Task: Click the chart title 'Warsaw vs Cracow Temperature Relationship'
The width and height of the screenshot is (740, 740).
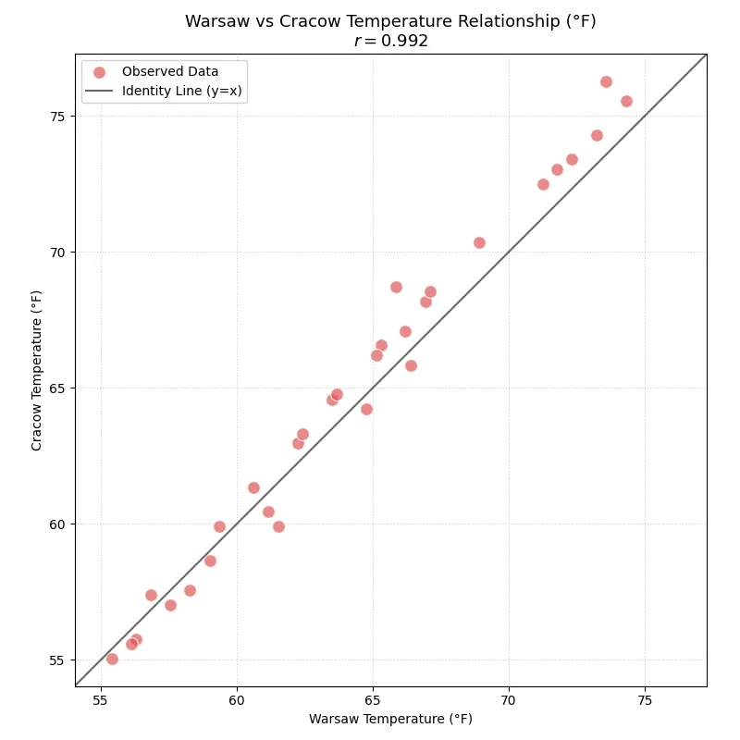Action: coord(390,21)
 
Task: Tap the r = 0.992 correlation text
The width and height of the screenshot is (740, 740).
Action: coord(390,42)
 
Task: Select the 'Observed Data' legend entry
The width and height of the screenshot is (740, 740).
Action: coord(170,72)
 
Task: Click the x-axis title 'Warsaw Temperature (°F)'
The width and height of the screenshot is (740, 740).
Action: coord(390,719)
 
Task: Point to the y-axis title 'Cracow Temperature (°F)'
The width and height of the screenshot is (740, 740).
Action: coord(37,370)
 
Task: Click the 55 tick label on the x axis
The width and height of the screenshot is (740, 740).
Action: coord(101,700)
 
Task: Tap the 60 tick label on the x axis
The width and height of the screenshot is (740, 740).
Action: coord(237,700)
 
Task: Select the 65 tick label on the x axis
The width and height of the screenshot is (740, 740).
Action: coord(373,700)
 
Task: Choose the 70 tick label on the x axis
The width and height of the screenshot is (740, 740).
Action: coord(509,700)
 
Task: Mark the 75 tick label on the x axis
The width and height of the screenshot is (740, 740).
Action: coord(645,700)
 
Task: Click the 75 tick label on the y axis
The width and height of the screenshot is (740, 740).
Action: coord(58,117)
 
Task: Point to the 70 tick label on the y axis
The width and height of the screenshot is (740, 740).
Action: coord(58,253)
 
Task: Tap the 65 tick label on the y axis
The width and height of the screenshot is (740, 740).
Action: coord(58,388)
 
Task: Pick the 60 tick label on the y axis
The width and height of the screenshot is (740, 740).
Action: coord(58,524)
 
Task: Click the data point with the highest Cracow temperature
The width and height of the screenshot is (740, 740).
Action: coord(606,81)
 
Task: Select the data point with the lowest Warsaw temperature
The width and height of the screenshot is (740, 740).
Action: coord(112,659)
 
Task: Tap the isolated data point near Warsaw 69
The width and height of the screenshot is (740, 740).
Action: coord(479,242)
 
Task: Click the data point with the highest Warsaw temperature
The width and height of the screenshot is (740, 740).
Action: coord(626,101)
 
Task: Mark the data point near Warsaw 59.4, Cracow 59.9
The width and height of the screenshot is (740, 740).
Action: coord(219,526)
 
